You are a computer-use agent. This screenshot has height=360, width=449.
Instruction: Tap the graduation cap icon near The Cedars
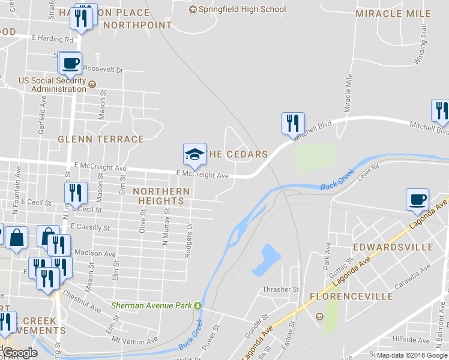194,154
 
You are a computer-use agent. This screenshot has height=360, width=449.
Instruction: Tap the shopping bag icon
17,238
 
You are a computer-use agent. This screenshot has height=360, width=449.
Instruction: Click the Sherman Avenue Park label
152,305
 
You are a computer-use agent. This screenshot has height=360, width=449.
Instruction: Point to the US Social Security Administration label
53,85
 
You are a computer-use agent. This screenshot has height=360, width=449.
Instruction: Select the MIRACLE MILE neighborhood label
393,14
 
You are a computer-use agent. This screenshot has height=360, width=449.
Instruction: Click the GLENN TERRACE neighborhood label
101,139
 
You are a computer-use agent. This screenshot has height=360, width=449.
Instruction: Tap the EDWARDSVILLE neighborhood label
393,247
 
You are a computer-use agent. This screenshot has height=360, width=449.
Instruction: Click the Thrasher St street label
280,289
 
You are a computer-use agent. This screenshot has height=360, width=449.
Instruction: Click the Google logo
20,353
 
